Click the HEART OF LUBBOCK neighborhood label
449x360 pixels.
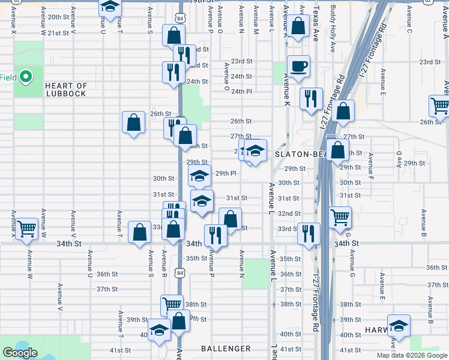[65, 90]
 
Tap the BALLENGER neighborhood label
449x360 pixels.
[226, 349]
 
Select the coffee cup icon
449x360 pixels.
[298, 66]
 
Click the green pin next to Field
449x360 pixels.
[25, 77]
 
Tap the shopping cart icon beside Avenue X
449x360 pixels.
[26, 229]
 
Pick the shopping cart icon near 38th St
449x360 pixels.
[172, 305]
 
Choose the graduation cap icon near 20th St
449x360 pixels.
[109, 7]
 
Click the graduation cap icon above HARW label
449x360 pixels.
[399, 326]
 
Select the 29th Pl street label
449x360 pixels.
[226, 173]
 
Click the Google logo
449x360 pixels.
[20, 353]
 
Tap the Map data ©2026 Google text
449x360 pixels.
[411, 355]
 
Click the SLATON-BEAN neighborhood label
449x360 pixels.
[300, 154]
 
